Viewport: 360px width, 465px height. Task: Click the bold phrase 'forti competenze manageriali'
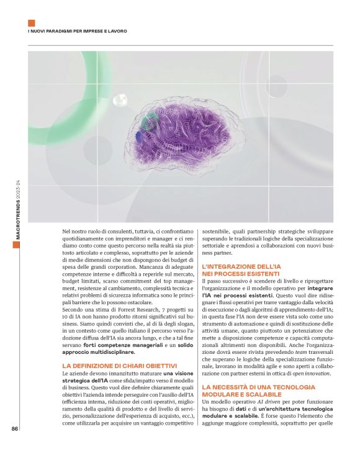tap(119, 344)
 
